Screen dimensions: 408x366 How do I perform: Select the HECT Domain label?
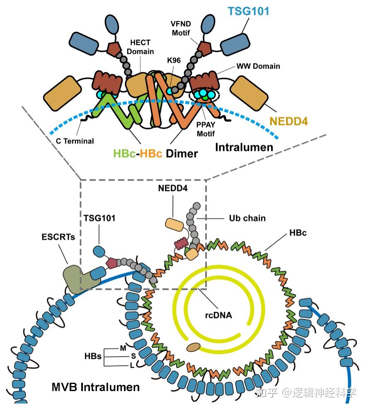tap(140, 47)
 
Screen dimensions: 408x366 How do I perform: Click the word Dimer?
tap(182, 153)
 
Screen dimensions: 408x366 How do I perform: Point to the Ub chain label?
tap(247, 218)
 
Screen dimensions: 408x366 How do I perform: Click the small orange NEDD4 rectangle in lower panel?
tap(174, 224)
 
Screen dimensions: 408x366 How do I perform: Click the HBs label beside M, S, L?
tap(93, 356)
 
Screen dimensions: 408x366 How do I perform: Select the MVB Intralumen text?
tap(95, 387)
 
